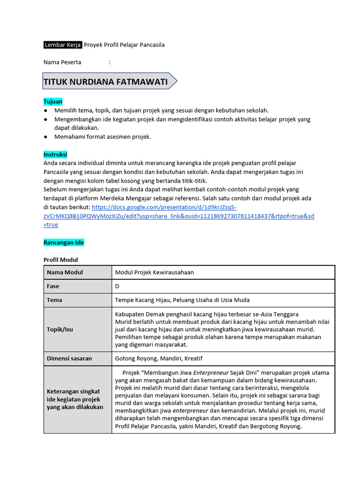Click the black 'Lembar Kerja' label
pos(63,45)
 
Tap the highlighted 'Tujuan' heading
pos(53,101)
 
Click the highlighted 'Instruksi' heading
pos(55,154)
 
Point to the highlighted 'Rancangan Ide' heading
pos(64,242)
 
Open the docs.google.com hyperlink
pos(179,216)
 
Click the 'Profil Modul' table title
pos(61,260)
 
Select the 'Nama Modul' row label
pos(65,272)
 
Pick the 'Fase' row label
pos(53,286)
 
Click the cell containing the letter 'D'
pos(117,286)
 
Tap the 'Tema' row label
pos(54,300)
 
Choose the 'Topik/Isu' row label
pos(60,329)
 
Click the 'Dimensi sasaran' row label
pos(69,359)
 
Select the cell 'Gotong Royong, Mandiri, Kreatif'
pos(159,359)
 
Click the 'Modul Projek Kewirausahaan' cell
pos(154,272)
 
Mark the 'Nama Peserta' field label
pos(62,62)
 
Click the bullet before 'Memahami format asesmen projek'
pos(45,137)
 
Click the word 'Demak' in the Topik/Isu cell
pos(154,314)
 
